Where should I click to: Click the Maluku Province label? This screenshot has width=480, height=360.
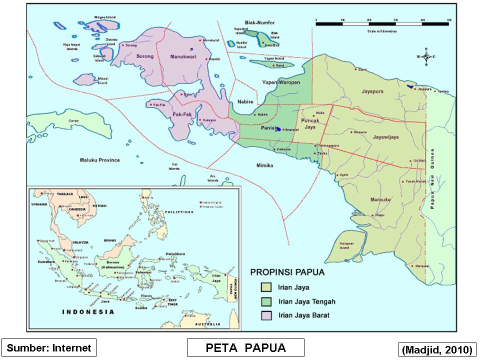(x=100, y=160)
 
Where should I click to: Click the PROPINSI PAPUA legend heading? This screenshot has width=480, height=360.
(x=287, y=273)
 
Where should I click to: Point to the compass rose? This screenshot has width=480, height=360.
(x=426, y=56)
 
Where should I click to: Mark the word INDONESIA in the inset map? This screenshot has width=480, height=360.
(x=87, y=312)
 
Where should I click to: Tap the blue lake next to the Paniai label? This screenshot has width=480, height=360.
(x=278, y=128)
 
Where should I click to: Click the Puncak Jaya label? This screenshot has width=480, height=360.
(x=310, y=124)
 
